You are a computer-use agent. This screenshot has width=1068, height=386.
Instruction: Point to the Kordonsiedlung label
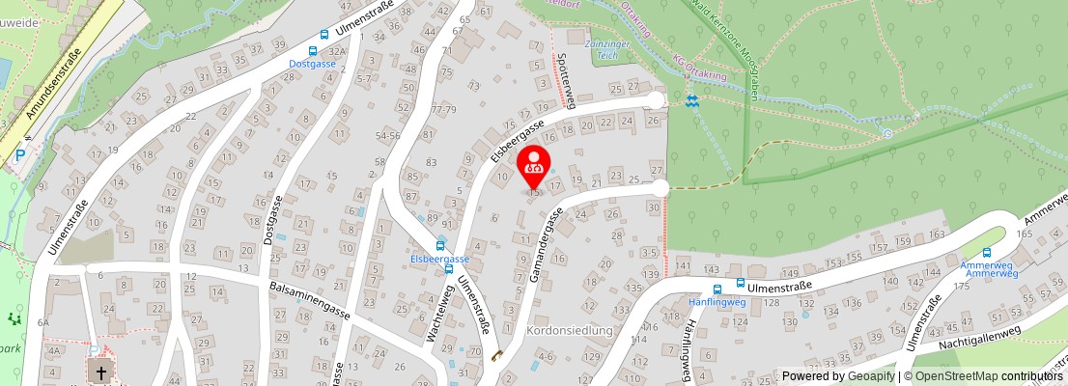pos(570,330)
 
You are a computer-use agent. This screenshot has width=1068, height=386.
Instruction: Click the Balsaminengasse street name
pos(309,295)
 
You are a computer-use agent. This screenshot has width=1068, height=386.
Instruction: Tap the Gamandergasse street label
pos(546,245)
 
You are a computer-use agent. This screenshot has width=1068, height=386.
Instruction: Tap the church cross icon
pos(99,371)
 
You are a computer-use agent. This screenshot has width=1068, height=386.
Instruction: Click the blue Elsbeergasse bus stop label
pos(439,260)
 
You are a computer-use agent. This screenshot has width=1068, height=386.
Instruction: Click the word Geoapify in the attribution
pos(870,376)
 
